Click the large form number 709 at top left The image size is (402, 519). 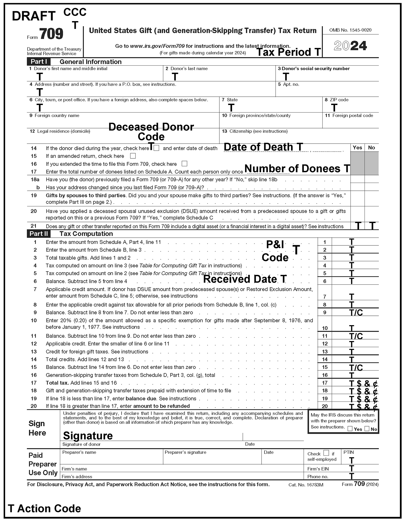click(51, 34)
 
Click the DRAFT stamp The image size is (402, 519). click(34, 16)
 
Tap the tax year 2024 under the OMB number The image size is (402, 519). click(350, 46)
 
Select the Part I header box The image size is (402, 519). click(39, 62)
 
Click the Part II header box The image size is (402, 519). click(39, 234)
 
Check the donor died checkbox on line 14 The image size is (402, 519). click(156, 148)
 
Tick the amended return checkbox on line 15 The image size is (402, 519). click(133, 156)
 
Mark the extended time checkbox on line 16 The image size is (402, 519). click(184, 164)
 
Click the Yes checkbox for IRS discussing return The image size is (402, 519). click(350, 429)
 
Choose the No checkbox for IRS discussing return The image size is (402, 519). click(367, 429)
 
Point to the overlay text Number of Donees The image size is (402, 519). click(297, 169)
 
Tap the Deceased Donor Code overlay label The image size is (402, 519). click(151, 132)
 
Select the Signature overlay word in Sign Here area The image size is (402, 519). click(88, 436)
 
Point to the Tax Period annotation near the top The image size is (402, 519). click(288, 52)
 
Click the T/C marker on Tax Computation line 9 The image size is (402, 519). click(356, 312)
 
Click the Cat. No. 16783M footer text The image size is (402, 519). click(306, 485)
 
